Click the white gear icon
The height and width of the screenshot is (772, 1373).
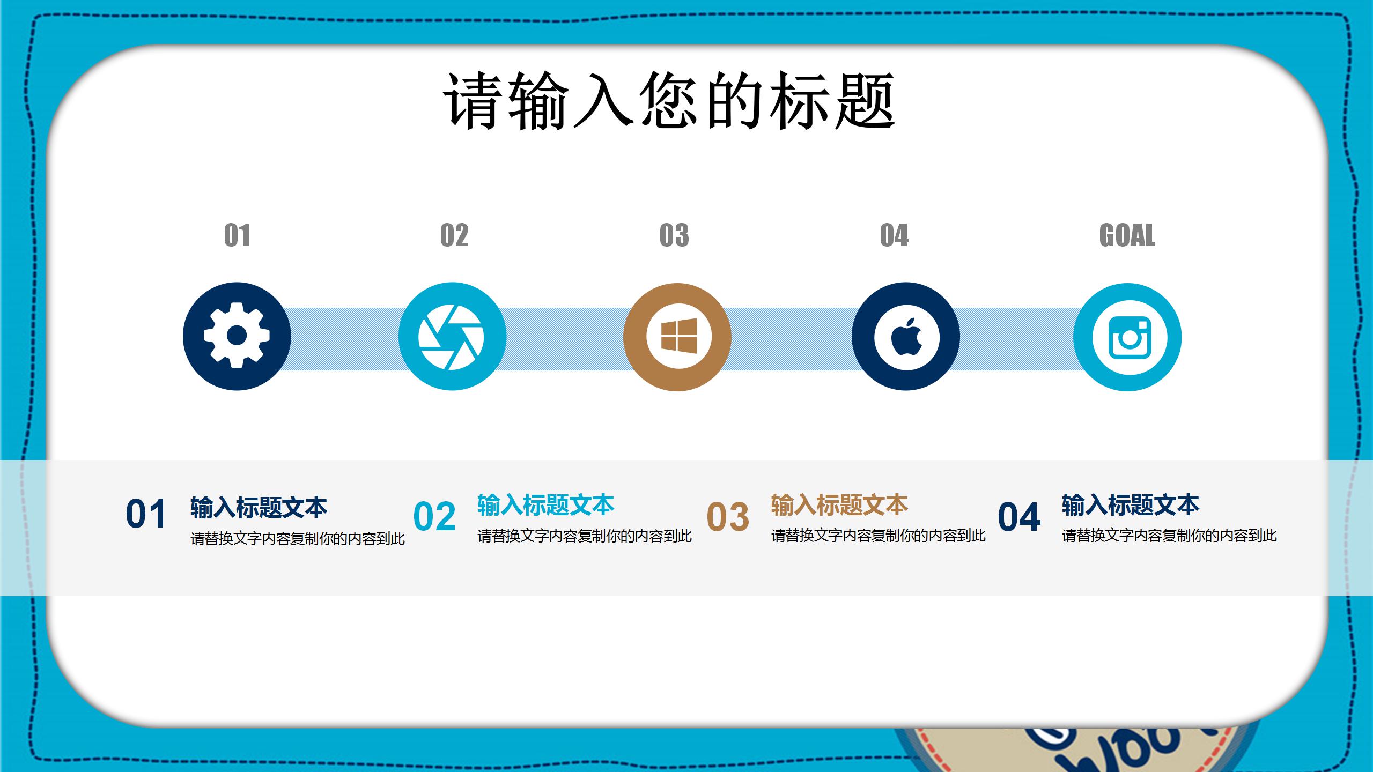click(237, 336)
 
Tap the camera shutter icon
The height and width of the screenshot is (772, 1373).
click(452, 337)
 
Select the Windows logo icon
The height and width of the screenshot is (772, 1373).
click(678, 337)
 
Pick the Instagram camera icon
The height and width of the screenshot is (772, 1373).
click(1128, 337)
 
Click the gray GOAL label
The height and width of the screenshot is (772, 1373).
click(1127, 235)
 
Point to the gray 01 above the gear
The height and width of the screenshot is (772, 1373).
click(237, 235)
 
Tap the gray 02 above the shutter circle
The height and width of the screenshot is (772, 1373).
click(454, 235)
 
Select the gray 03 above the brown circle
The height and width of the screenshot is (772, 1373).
click(674, 235)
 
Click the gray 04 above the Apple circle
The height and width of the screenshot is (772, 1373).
click(894, 235)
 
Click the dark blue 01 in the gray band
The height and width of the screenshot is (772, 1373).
click(145, 514)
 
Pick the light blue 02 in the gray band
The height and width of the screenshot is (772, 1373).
click(434, 516)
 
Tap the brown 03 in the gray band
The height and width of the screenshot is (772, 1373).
click(728, 517)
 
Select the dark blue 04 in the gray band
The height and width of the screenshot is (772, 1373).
click(1019, 517)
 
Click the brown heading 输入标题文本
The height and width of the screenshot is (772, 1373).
click(839, 505)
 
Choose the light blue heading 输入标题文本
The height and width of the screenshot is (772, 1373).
click(545, 505)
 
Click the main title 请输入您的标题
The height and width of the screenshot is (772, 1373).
click(669, 101)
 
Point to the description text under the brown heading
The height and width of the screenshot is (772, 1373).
click(878, 536)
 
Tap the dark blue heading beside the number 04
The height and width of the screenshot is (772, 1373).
click(1130, 505)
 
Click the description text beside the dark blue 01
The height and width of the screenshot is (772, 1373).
click(297, 538)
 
